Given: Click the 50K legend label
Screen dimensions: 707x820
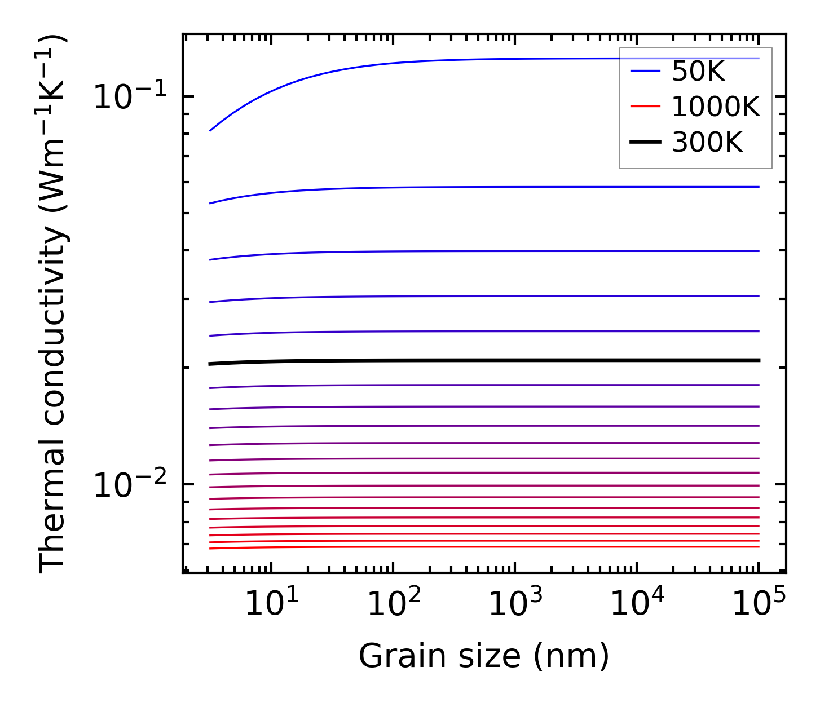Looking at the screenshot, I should click(x=698, y=72).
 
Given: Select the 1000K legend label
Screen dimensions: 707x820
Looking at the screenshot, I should click(x=716, y=107).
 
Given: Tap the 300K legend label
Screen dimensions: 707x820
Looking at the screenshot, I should click(x=707, y=143).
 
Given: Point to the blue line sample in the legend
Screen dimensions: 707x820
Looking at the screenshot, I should click(x=645, y=71).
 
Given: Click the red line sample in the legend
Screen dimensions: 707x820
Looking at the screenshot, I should click(x=645, y=107).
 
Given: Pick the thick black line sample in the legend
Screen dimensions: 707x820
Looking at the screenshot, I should click(x=645, y=142).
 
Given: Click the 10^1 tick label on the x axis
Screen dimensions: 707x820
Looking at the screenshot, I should click(x=272, y=604).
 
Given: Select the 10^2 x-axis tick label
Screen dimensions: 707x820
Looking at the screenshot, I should click(x=394, y=604).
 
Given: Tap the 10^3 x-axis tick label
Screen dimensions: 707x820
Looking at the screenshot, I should click(x=516, y=604).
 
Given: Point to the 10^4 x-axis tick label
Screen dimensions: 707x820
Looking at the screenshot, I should click(x=638, y=604).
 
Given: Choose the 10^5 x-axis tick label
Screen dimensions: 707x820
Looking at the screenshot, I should click(x=759, y=604).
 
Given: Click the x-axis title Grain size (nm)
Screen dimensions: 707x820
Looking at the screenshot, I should click(x=484, y=656).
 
